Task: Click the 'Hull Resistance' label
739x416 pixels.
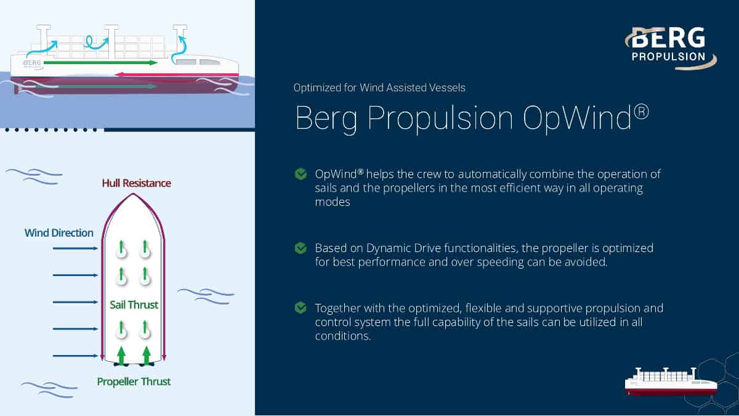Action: coord(137,183)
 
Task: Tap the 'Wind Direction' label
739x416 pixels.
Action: coord(59,233)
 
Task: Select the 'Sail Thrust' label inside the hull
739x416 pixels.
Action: coord(134,304)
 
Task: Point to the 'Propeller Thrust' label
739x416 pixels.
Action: coord(134,381)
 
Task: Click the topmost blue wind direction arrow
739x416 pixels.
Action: coord(76,248)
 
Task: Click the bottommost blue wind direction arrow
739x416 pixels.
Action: coord(76,356)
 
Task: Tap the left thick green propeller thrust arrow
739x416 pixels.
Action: coord(121,354)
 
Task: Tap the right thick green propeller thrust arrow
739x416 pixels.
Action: coord(147,354)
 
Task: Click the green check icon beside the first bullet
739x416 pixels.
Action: coord(301,174)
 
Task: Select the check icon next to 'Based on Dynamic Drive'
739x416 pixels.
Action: coord(301,248)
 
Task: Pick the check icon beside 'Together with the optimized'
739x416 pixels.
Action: coord(301,307)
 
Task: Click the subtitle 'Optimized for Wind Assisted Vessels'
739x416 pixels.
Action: coord(379,88)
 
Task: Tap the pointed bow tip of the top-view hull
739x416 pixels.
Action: coord(133,196)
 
